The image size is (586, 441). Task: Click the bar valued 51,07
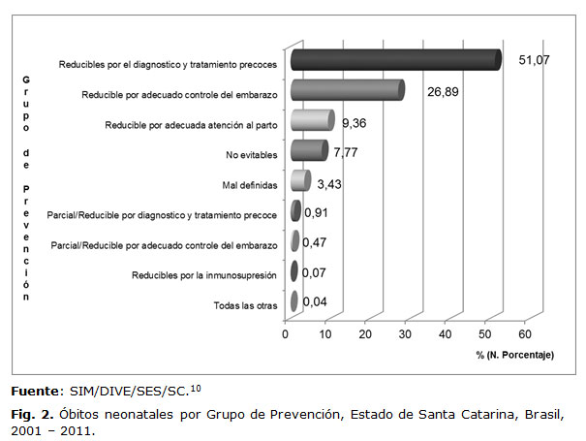(395, 60)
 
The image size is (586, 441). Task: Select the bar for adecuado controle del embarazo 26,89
(347, 90)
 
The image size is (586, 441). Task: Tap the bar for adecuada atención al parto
(312, 120)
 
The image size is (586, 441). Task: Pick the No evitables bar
(309, 150)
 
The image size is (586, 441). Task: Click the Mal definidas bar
(299, 181)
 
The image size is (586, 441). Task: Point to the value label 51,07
(536, 60)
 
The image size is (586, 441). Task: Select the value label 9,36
(357, 124)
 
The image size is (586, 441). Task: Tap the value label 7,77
(348, 152)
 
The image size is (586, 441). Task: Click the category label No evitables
(251, 153)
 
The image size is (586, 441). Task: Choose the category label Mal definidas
(250, 184)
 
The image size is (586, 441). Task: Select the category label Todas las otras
(246, 306)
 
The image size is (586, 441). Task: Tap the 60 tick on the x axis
(525, 335)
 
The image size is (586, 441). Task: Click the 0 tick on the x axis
(286, 335)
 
